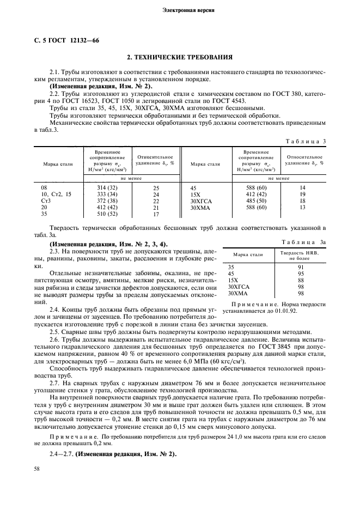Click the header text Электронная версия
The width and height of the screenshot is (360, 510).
click(180, 10)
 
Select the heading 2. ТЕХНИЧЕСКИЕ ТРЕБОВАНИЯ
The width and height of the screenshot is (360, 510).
click(180, 57)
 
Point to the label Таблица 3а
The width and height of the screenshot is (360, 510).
click(303, 241)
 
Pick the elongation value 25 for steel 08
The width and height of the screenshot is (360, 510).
click(156, 187)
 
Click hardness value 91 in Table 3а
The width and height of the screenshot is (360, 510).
click(301, 267)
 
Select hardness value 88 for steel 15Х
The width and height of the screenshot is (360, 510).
click(301, 280)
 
